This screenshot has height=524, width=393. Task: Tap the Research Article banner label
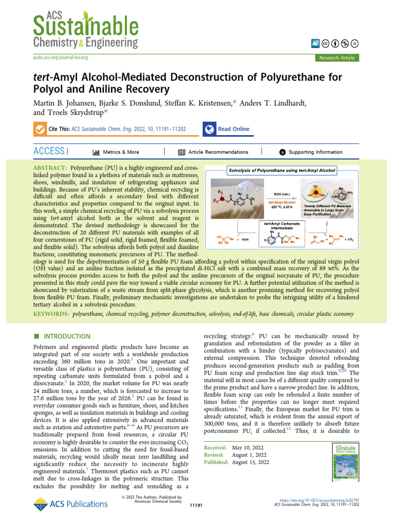(x=336, y=58)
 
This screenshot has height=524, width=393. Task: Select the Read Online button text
(x=233, y=129)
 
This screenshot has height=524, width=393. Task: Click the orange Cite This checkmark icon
(x=39, y=129)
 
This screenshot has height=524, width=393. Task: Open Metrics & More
(x=116, y=152)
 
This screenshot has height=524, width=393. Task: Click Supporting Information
(x=315, y=152)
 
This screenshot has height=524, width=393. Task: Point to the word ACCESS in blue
(x=49, y=151)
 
